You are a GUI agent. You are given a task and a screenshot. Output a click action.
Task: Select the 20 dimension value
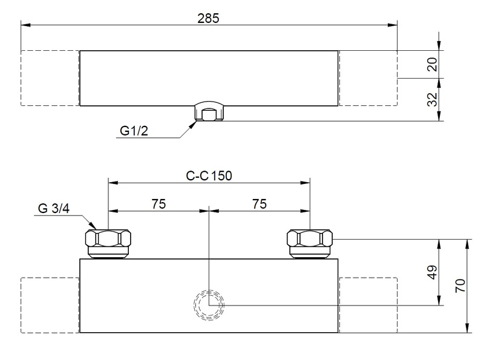tap(432, 64)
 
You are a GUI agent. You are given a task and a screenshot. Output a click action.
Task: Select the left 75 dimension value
tap(159, 204)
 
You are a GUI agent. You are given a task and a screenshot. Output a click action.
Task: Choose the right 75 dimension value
tap(259, 204)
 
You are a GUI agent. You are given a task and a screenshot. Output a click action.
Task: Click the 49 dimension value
tap(432, 272)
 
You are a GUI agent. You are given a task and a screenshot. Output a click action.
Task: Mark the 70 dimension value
tap(462, 285)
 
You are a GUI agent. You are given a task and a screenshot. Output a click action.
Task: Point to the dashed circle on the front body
tap(209, 304)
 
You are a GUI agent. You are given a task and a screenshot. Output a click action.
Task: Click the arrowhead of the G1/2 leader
tap(194, 123)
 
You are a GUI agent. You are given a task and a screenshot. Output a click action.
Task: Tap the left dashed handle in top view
tap(50, 78)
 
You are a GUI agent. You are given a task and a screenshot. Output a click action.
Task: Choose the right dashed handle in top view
tap(367, 78)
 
